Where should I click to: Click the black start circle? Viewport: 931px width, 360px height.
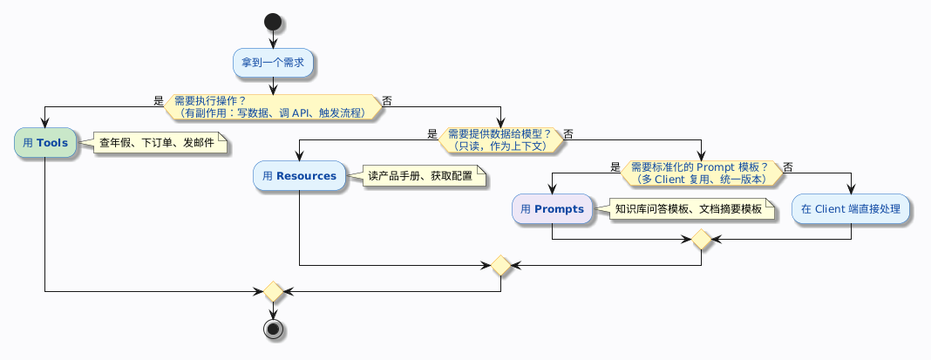coord(273,21)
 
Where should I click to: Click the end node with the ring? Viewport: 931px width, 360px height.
coord(273,329)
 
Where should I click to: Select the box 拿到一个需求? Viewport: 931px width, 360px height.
coord(273,63)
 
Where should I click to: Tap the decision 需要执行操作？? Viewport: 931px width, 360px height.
coord(273,106)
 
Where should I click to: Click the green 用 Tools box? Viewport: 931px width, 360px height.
coord(44,143)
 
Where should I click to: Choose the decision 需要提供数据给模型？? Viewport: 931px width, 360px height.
coord(500,139)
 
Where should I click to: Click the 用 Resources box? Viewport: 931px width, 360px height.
coord(299,176)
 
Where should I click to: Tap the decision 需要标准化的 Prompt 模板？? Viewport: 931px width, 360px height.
coord(702,173)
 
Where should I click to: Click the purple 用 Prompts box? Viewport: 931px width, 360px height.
coord(552,209)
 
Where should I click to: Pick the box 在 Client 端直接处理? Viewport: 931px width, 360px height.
coord(851,209)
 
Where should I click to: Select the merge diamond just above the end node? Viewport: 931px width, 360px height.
coord(273,291)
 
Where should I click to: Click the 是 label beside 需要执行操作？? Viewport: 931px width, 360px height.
coord(158,101)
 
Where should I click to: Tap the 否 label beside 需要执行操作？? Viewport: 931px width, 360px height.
coord(387,101)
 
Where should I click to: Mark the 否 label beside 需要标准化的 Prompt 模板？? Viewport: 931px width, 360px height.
coord(788,167)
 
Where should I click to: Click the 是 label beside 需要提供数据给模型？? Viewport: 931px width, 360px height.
coord(432,134)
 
